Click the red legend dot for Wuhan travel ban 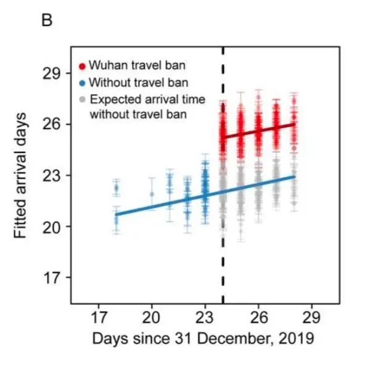[x=82, y=65]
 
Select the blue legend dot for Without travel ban [x=82, y=82]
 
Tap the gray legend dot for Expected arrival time [x=82, y=99]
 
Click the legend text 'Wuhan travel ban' [x=127, y=65]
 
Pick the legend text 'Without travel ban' [x=130, y=82]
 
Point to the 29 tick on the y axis [x=54, y=73]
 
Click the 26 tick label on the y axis [x=54, y=125]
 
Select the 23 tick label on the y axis [x=54, y=176]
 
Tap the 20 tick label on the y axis [x=54, y=226]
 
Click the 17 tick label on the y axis [x=54, y=277]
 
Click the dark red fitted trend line [x=259, y=130]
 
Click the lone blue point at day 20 [x=152, y=194]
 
